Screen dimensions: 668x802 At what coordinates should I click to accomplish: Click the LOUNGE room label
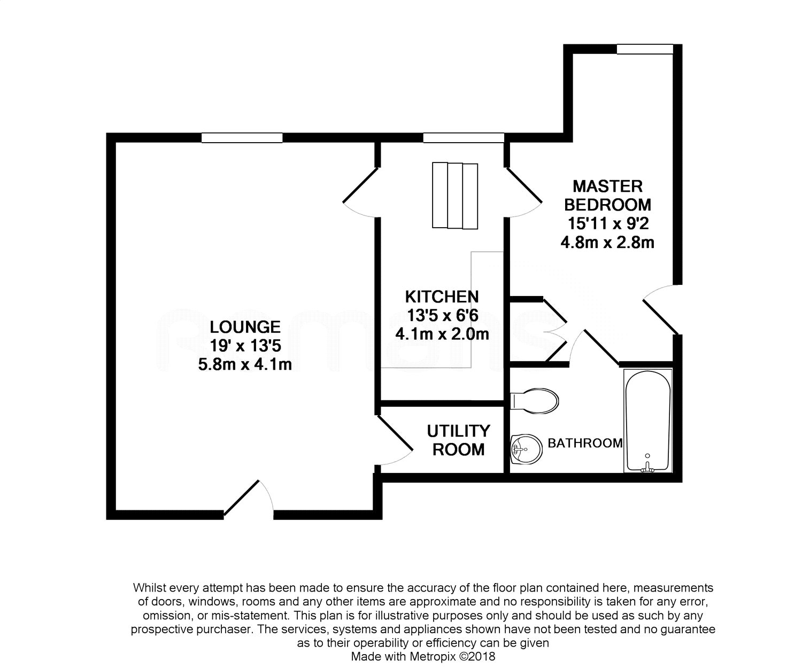pyautogui.click(x=244, y=327)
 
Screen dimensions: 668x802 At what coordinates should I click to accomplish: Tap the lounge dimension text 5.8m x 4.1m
pyautogui.click(x=244, y=365)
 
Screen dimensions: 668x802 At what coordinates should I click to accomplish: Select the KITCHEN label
pyautogui.click(x=442, y=297)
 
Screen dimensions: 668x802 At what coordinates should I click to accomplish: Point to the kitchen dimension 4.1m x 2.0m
pyautogui.click(x=442, y=335)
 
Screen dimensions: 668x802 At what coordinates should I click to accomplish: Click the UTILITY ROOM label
pyautogui.click(x=458, y=440)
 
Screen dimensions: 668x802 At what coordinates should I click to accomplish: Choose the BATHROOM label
pyautogui.click(x=585, y=443)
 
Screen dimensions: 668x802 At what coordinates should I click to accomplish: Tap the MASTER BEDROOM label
pyautogui.click(x=607, y=195)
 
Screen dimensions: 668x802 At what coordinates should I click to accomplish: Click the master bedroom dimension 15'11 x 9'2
pyautogui.click(x=607, y=223)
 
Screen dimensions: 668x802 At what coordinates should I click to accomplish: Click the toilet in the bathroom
pyautogui.click(x=536, y=400)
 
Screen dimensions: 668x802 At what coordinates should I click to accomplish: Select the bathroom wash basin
pyautogui.click(x=526, y=448)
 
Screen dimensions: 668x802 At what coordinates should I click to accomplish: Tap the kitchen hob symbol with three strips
pyautogui.click(x=454, y=195)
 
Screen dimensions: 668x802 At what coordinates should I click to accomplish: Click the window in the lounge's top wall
pyautogui.click(x=242, y=138)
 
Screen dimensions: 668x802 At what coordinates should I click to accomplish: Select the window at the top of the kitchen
pyautogui.click(x=463, y=138)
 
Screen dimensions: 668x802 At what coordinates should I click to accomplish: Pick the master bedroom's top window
pyautogui.click(x=644, y=49)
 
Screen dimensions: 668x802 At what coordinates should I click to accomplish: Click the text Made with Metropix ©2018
pyautogui.click(x=423, y=656)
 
